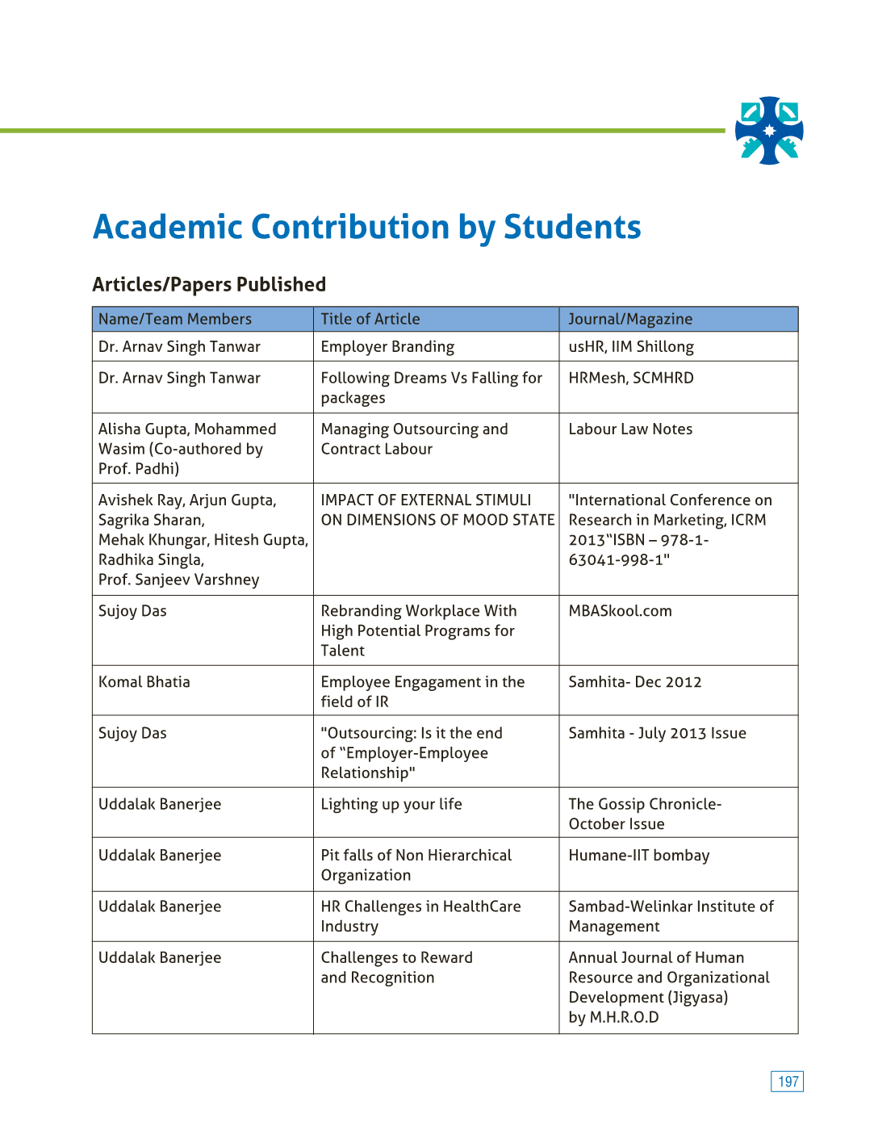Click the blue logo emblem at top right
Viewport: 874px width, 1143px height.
(x=769, y=131)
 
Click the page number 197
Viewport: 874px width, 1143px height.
(x=788, y=1082)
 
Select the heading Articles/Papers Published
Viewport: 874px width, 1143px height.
(x=209, y=285)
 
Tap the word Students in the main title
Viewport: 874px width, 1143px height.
(x=572, y=228)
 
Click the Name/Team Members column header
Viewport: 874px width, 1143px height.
(x=175, y=320)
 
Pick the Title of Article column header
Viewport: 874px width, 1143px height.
(x=370, y=320)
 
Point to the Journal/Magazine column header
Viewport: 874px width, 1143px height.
(x=630, y=320)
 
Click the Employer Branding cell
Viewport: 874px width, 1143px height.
(x=387, y=347)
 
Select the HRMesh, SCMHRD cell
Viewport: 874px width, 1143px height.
(x=631, y=378)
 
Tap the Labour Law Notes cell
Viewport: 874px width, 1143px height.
(x=630, y=429)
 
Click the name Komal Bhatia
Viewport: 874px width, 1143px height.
(x=144, y=682)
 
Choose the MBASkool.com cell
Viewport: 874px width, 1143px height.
(x=620, y=611)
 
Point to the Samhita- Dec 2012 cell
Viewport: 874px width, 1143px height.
(x=635, y=682)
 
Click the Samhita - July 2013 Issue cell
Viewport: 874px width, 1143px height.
(x=657, y=733)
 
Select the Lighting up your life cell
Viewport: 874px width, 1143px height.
(x=391, y=804)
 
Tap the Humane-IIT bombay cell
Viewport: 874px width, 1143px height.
(x=639, y=856)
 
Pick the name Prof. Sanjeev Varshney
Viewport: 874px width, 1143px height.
(x=179, y=580)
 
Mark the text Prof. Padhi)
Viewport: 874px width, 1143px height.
(x=139, y=469)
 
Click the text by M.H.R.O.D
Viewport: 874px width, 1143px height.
(x=613, y=1017)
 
